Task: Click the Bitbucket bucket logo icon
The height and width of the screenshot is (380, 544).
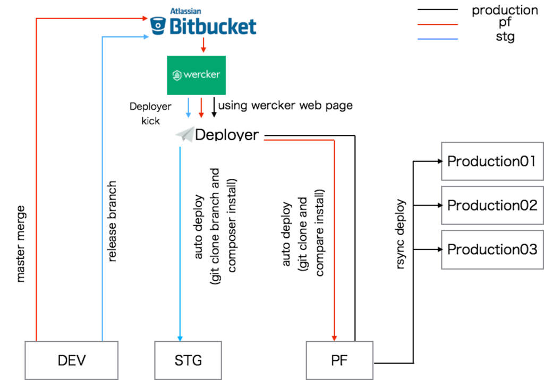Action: click(158, 26)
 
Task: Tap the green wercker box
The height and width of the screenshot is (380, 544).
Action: click(197, 75)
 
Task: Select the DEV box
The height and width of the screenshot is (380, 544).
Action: click(72, 360)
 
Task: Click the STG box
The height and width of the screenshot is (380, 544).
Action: click(188, 360)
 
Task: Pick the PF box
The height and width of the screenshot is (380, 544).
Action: click(339, 360)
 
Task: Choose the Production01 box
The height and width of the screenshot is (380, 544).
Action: click(492, 161)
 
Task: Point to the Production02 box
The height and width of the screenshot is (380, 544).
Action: click(492, 205)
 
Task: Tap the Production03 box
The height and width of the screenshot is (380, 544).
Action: click(492, 249)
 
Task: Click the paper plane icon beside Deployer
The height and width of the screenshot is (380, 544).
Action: click(185, 134)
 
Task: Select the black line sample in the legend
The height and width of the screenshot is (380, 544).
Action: click(438, 10)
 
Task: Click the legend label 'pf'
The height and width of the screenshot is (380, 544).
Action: click(505, 22)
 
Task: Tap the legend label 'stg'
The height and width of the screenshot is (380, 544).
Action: click(505, 37)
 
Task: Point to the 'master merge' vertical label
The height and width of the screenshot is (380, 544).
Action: click(21, 244)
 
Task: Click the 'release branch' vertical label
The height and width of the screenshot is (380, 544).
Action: click(112, 221)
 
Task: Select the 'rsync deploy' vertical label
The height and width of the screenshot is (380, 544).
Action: click(400, 234)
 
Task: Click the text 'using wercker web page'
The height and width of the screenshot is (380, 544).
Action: click(285, 106)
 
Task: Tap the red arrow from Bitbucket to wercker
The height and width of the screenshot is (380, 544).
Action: click(203, 45)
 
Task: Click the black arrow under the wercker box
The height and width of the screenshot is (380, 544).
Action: click(214, 107)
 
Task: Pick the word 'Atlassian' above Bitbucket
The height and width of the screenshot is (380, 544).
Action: click(185, 12)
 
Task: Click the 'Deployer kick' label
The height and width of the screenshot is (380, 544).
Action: click(150, 114)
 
